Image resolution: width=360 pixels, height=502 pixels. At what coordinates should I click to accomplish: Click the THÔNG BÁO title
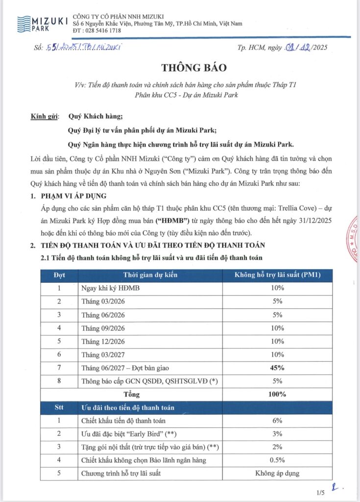coord(180,67)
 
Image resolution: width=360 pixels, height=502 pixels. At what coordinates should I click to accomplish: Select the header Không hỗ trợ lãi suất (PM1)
coord(278,276)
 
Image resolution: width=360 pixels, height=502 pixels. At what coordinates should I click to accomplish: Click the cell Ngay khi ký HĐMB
coord(110,288)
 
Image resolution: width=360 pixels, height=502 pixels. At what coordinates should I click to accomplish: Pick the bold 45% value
coord(278,367)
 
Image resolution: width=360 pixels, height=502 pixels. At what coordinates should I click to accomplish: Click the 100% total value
coord(278,394)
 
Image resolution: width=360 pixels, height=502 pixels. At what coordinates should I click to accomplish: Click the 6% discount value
coord(278,420)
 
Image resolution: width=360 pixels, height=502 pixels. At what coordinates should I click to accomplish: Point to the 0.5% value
coord(278,460)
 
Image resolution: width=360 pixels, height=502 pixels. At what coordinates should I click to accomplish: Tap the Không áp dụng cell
coord(278,473)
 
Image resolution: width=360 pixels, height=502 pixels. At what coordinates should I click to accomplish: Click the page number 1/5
coord(321,492)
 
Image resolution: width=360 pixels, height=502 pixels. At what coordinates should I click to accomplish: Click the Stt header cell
coord(59,407)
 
